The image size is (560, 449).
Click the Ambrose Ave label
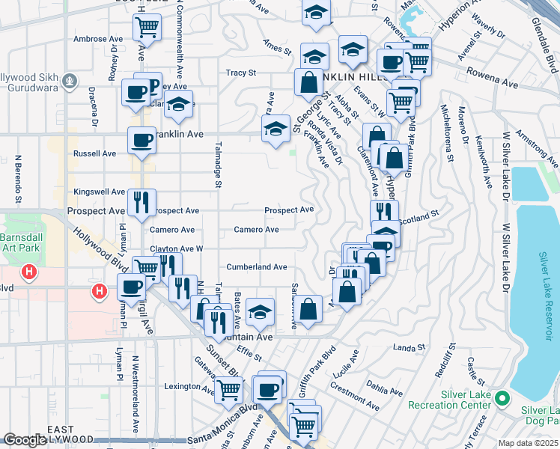pyautogui.click(x=98, y=39)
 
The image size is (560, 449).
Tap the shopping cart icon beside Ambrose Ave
pyautogui.click(x=147, y=28)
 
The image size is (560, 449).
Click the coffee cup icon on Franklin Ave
pyautogui.click(x=142, y=139)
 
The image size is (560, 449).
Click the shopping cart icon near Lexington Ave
pyautogui.click(x=228, y=388)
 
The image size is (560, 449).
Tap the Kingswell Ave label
pyautogui.click(x=98, y=192)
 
